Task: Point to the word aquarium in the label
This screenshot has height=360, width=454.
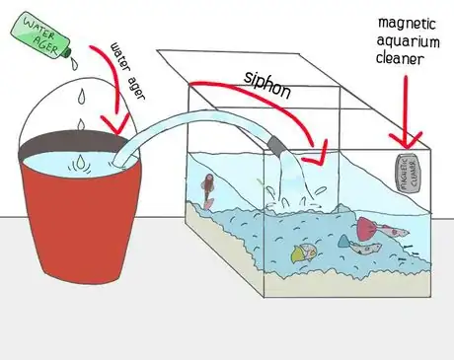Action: point(401,42)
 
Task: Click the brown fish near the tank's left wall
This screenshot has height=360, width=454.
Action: point(207,188)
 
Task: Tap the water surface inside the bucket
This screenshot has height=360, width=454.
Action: point(69,163)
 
